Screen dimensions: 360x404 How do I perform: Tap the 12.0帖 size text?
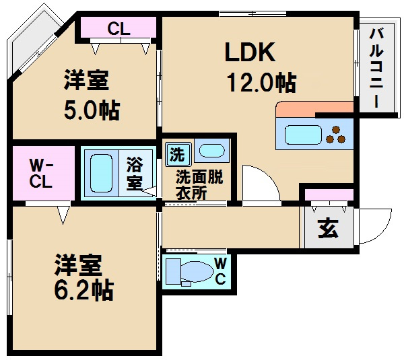point(260,83)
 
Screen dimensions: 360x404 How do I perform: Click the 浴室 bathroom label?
point(134,172)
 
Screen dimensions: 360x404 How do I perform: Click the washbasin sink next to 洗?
point(211,151)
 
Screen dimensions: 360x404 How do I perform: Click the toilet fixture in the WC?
point(189,273)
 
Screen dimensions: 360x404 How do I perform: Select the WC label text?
point(220,271)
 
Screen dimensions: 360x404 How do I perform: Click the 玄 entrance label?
point(327,229)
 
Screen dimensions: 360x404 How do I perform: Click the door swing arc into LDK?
point(259,182)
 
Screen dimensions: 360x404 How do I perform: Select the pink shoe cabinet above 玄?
point(327,195)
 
